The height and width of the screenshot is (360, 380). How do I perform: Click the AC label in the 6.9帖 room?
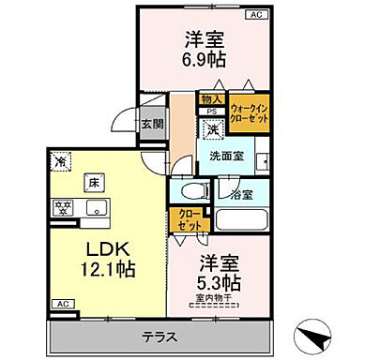click(x=256, y=15)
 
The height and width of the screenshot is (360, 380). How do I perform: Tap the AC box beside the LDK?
click(x=61, y=305)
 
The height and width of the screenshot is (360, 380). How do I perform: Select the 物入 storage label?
click(x=211, y=98)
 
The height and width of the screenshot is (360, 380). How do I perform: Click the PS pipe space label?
click(x=211, y=110)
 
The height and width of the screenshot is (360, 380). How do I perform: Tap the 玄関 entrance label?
click(x=152, y=123)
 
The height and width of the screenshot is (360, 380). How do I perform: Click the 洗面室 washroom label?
click(x=227, y=157)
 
